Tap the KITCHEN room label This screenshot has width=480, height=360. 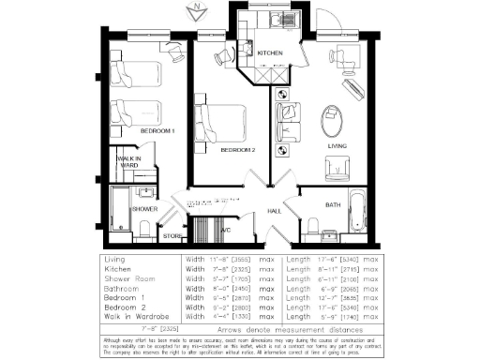point(270,53)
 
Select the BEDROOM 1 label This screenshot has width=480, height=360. point(157,132)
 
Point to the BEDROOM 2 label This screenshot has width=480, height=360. point(237,150)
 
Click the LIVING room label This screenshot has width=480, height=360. point(337,147)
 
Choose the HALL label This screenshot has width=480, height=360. point(275,212)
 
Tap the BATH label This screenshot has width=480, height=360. point(333,204)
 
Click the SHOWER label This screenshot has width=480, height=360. point(144,209)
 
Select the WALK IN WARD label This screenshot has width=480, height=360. point(128,162)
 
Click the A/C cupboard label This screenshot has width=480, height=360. point(225,229)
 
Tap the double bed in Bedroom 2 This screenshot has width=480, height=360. point(222,124)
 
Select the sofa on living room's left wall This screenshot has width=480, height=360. point(286,121)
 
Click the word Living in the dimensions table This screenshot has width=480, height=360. point(116,258)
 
